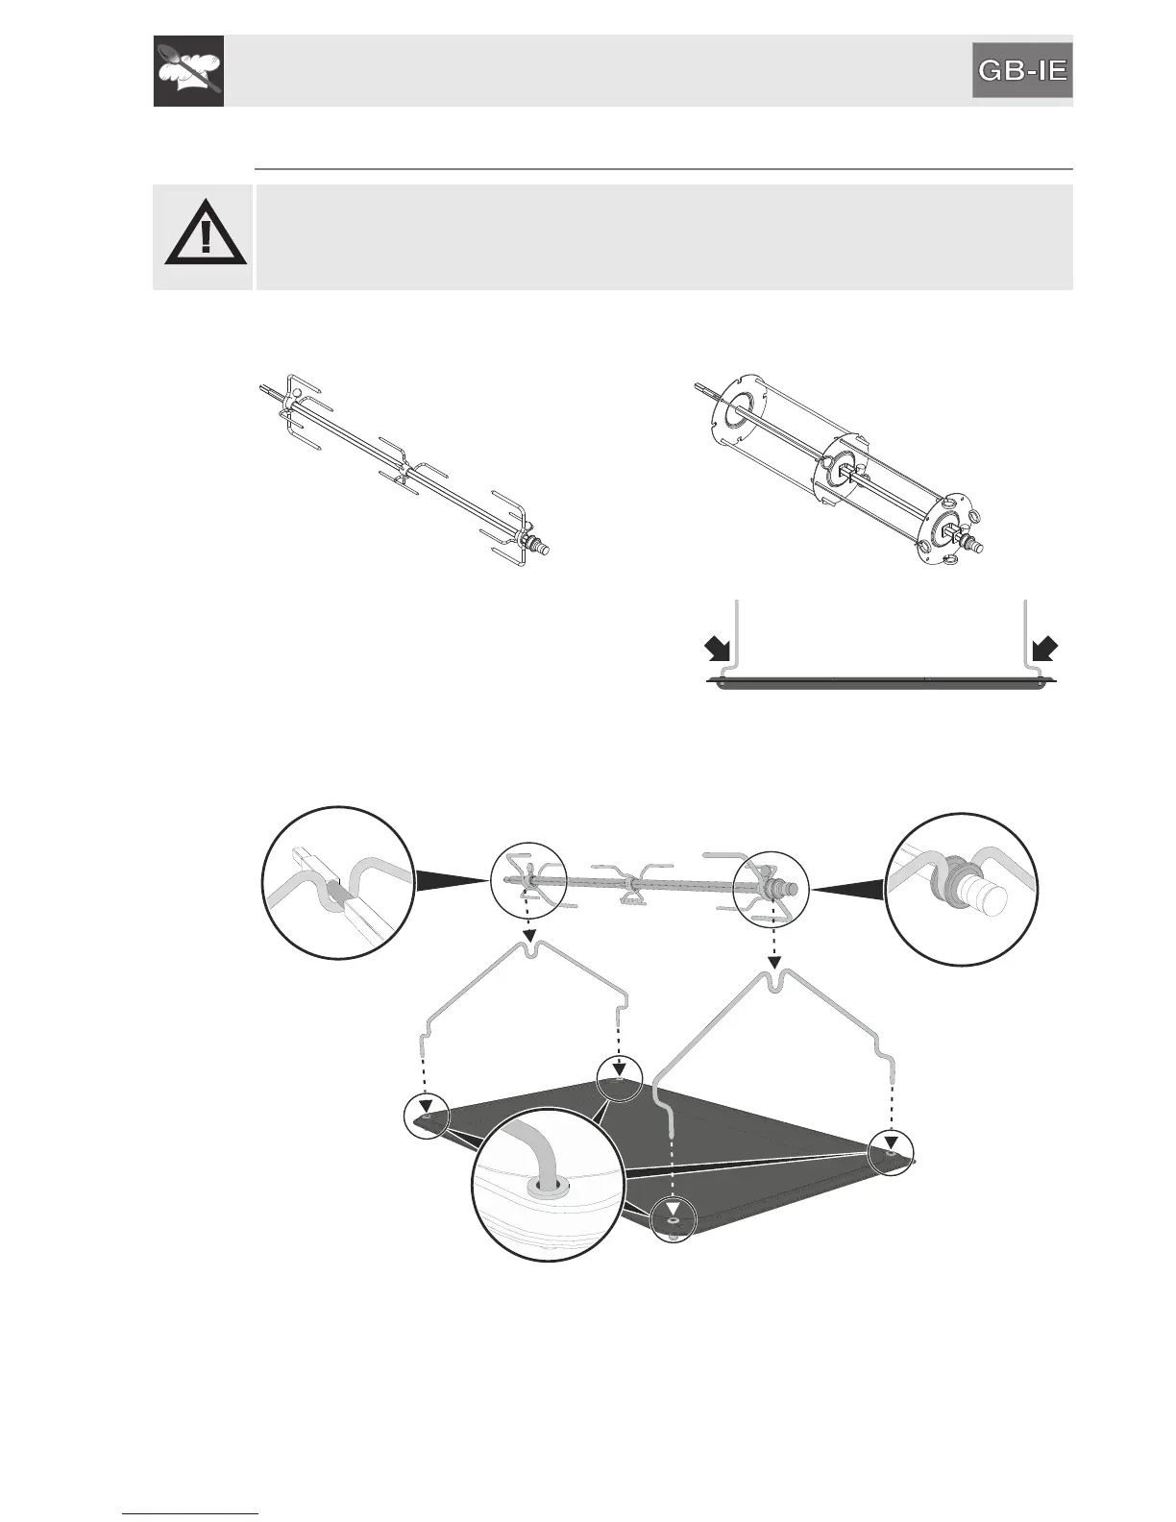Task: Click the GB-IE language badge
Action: pyautogui.click(x=1021, y=70)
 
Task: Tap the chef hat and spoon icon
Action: pyautogui.click(x=188, y=70)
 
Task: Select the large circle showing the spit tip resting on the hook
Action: pyautogui.click(x=339, y=882)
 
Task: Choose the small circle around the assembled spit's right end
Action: pyautogui.click(x=771, y=889)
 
